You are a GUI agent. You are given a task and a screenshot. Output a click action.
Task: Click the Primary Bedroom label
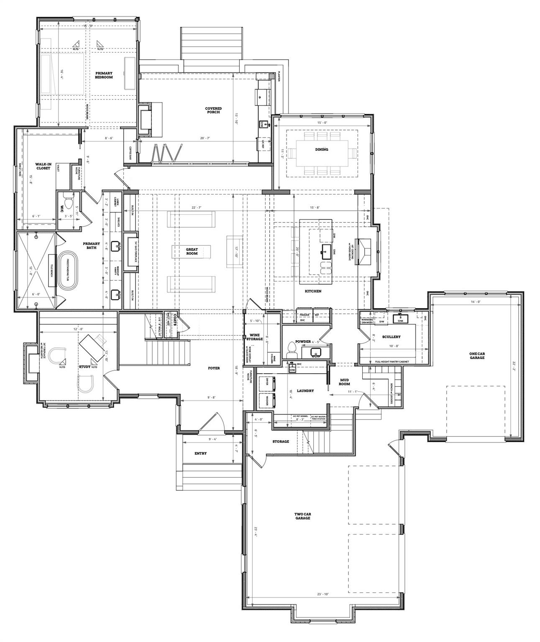click(103, 75)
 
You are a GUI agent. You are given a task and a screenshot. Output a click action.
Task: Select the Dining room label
click(322, 149)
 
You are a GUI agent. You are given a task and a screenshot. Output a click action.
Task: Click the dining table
click(322, 153)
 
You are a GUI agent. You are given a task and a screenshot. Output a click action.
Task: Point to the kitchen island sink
click(326, 250)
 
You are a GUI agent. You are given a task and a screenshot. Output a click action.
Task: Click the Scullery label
click(391, 336)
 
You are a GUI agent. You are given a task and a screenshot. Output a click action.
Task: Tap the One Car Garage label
click(477, 355)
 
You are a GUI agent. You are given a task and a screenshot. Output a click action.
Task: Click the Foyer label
click(214, 368)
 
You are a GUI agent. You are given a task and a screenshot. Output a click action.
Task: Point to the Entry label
click(200, 453)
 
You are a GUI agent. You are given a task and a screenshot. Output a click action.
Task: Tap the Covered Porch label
click(213, 110)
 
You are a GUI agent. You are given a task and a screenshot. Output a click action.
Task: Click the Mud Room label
click(344, 382)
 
